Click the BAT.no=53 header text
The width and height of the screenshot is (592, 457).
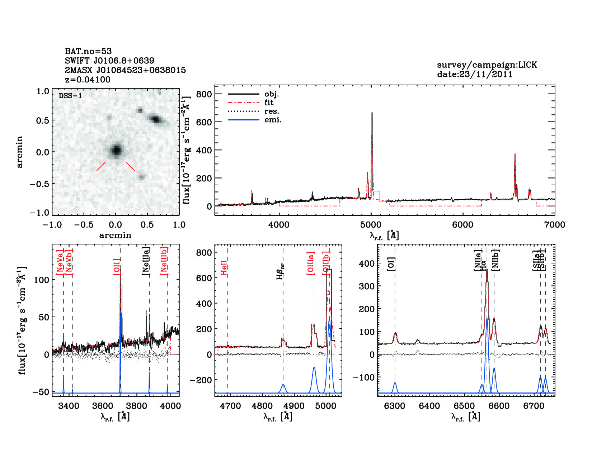(x=88, y=51)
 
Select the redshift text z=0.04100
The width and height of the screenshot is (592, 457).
(x=88, y=80)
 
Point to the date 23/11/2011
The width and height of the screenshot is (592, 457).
(x=475, y=75)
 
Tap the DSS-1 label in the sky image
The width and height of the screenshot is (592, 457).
(x=70, y=96)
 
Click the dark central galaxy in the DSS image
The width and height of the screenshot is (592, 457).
(x=116, y=150)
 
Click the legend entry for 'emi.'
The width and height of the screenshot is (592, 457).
(x=273, y=120)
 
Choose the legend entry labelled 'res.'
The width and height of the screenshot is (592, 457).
(x=272, y=111)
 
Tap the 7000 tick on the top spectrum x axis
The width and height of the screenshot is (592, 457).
(x=555, y=225)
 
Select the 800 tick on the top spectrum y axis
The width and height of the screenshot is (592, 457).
(x=204, y=94)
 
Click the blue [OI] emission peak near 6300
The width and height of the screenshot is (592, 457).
(x=395, y=383)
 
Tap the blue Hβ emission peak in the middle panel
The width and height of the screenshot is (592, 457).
(x=283, y=385)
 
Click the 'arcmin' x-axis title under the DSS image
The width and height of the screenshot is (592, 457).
(x=115, y=235)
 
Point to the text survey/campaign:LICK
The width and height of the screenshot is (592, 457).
(x=487, y=65)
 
